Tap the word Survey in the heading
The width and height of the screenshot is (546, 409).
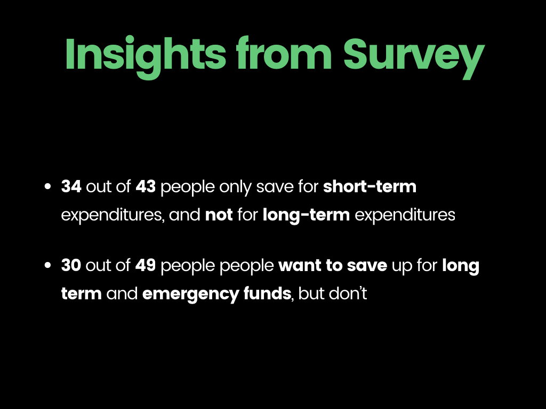[414, 58]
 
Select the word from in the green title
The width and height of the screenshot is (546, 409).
[284, 53]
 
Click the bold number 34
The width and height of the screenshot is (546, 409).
[71, 186]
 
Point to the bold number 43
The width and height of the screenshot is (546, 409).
[146, 186]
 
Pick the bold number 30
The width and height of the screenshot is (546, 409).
[71, 265]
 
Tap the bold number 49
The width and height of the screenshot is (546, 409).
[146, 265]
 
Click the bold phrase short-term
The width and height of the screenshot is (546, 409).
[370, 186]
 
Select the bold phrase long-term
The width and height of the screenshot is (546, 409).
[306, 215]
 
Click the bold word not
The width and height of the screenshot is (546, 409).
[219, 215]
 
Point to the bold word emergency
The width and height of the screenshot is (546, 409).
[190, 295]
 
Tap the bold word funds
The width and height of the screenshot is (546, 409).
[267, 293]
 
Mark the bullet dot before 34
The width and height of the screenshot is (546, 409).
[48, 187]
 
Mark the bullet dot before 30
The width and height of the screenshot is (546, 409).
[48, 266]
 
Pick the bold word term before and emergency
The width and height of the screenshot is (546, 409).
[81, 294]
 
